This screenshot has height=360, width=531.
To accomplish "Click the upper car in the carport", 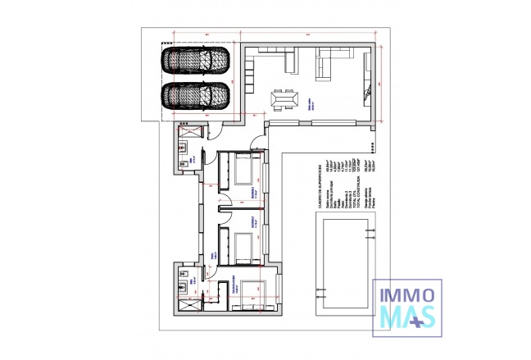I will click(x=195, y=62).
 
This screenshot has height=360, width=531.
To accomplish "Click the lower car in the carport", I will click(x=195, y=96).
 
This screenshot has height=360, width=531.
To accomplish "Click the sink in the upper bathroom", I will click(x=182, y=151).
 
